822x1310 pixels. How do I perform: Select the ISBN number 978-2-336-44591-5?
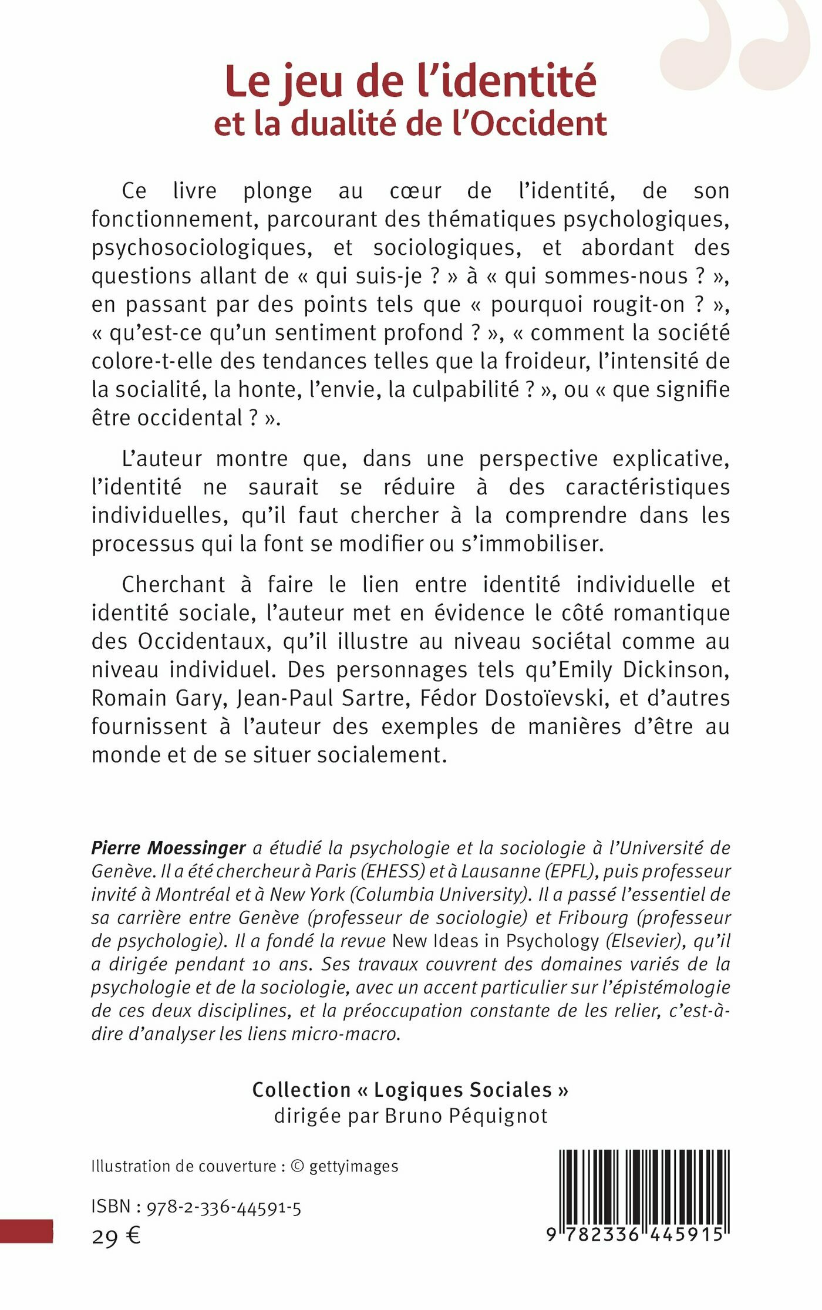(x=224, y=1207)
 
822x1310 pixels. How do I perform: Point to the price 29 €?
(x=116, y=1237)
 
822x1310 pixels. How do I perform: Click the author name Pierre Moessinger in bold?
(x=169, y=848)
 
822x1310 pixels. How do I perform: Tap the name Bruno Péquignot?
(x=466, y=1116)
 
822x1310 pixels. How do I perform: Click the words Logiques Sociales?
(x=463, y=1090)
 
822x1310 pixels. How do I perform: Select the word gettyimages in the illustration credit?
(x=353, y=1166)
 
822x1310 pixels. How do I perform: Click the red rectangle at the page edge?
(x=26, y=1231)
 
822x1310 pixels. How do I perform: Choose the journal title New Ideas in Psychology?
(x=495, y=941)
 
